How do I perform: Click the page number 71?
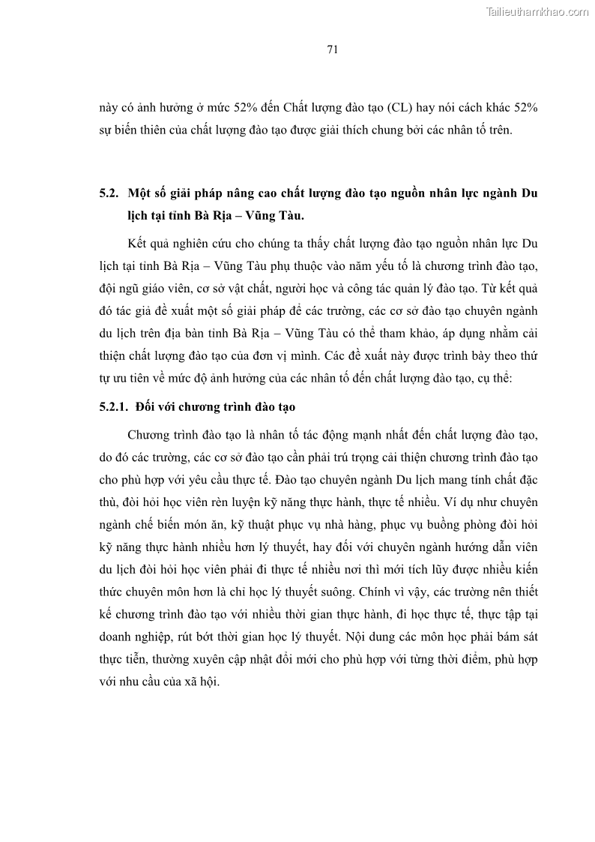pyautogui.click(x=333, y=50)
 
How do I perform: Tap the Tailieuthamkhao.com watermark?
pyautogui.click(x=537, y=11)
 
